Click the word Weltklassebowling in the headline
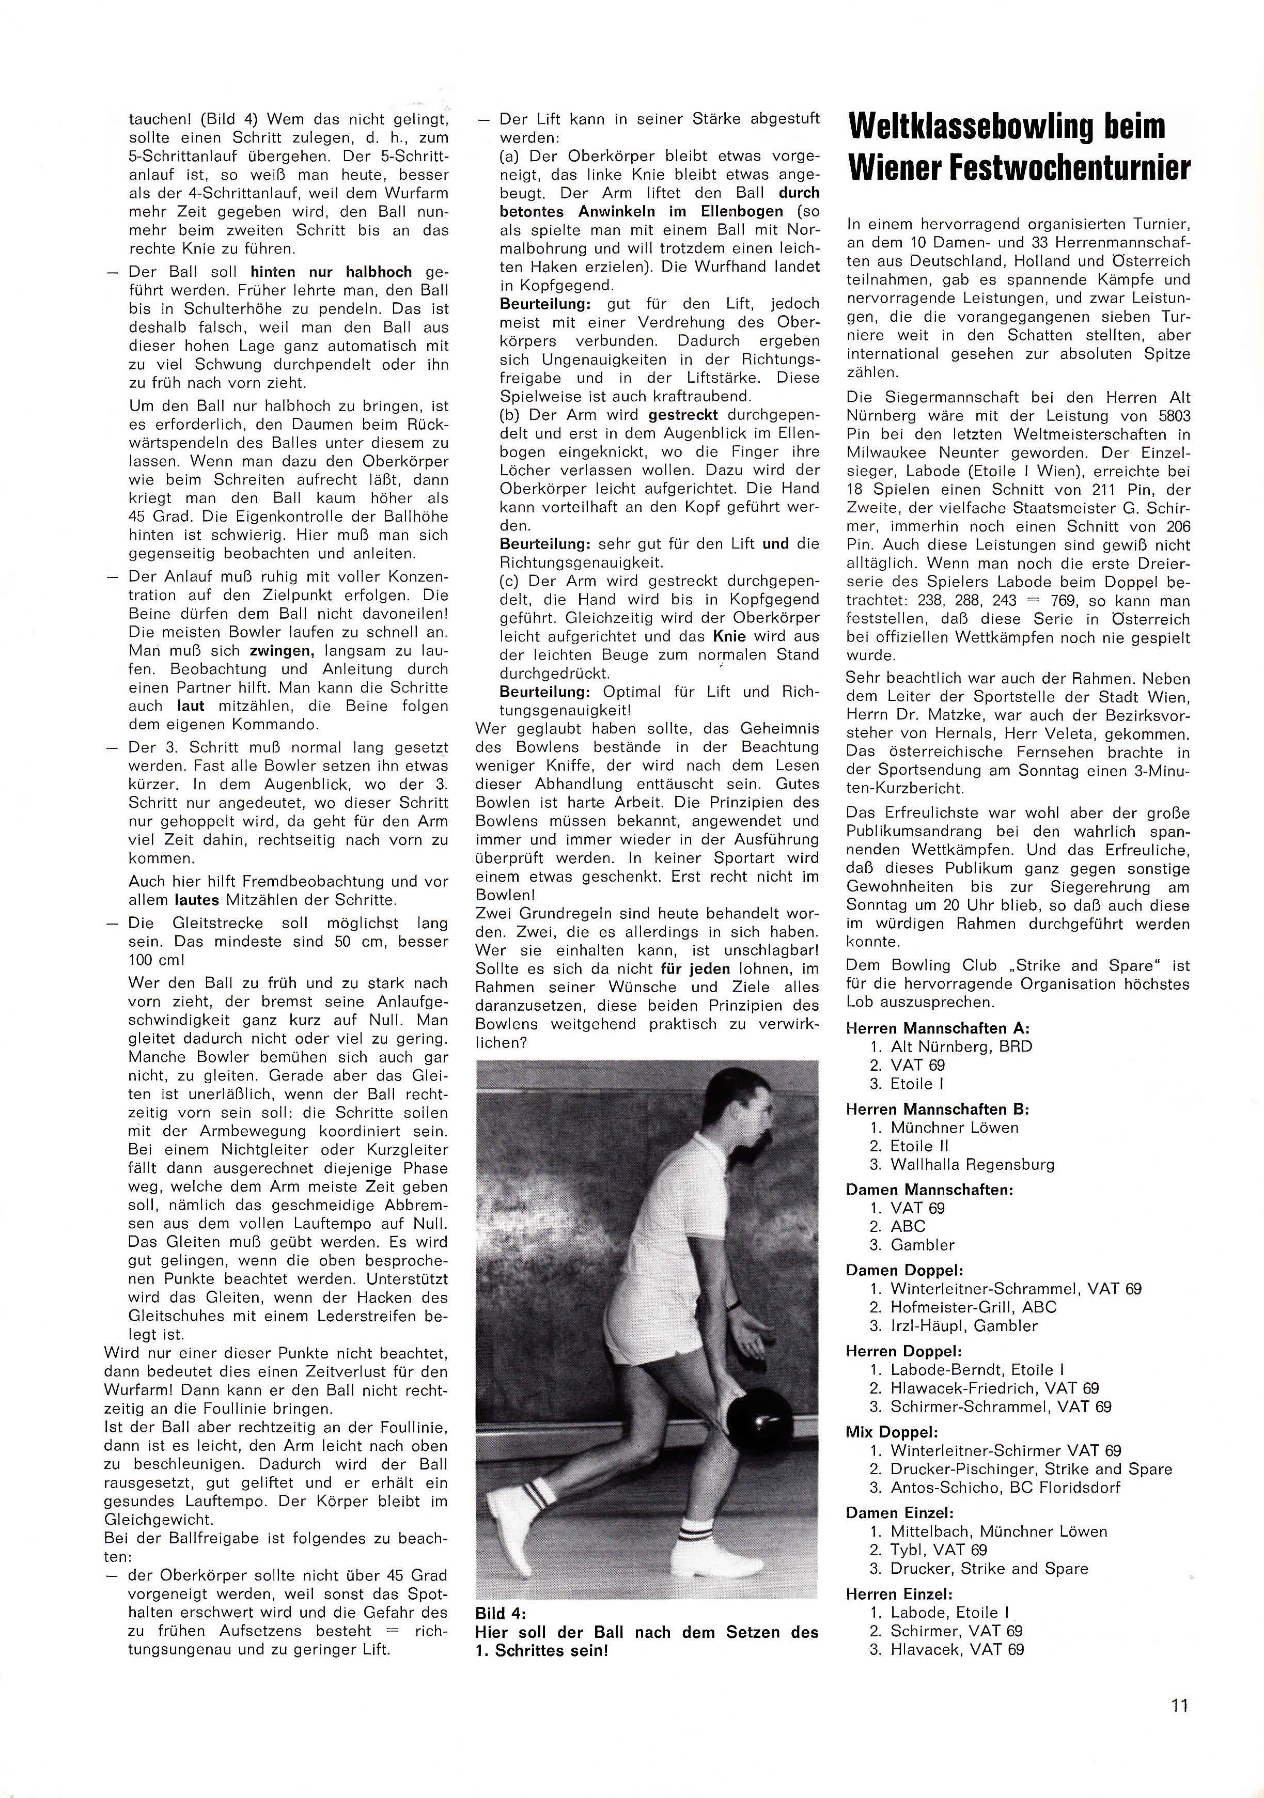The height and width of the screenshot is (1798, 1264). [x=966, y=127]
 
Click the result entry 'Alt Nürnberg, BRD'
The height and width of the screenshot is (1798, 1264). [x=961, y=1047]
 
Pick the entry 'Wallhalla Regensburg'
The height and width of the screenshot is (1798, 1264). [x=972, y=1164]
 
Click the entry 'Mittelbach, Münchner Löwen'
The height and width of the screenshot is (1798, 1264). [x=998, y=1531]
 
